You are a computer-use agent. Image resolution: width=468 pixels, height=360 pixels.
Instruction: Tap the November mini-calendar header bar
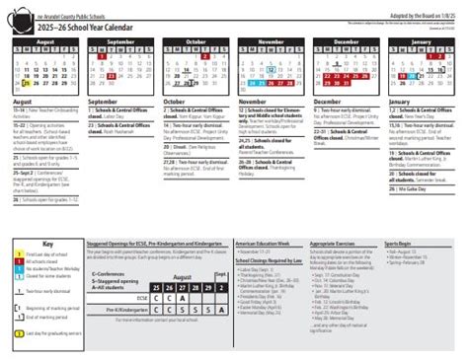coord(273,42)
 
